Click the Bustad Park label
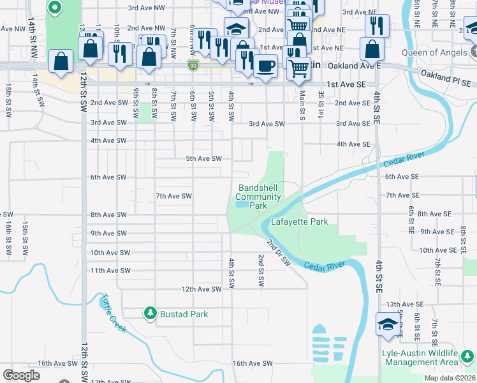pyautogui.click(x=184, y=314)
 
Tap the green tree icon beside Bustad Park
pyautogui.click(x=150, y=313)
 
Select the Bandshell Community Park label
pyautogui.click(x=258, y=197)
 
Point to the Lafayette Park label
pyautogui.click(x=299, y=222)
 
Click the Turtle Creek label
pyautogui.click(x=112, y=313)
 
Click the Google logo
pyautogui.click(x=21, y=375)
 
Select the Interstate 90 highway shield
pyautogui.click(x=193, y=65)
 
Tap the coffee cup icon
pyautogui.click(x=266, y=64)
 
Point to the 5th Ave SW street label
pyautogui.click(x=203, y=158)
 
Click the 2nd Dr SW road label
pyautogui.click(x=279, y=253)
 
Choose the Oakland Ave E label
pyautogui.click(x=354, y=66)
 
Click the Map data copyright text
pyautogui.click(x=450, y=378)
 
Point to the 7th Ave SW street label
pyautogui.click(x=173, y=196)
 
